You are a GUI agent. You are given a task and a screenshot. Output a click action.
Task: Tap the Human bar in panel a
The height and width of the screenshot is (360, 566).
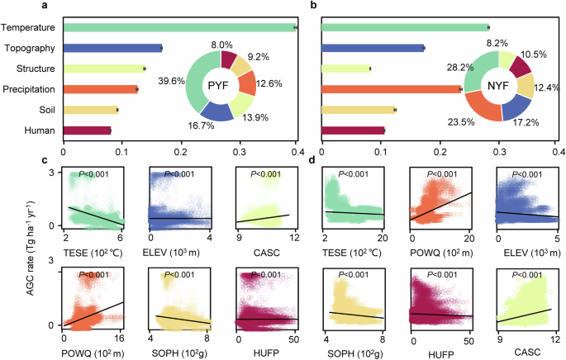point(87,130)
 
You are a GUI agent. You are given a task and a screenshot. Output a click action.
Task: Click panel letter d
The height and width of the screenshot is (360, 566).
point(311,159)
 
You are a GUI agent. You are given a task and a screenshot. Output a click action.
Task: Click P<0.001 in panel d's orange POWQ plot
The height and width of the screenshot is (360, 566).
point(434,174)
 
